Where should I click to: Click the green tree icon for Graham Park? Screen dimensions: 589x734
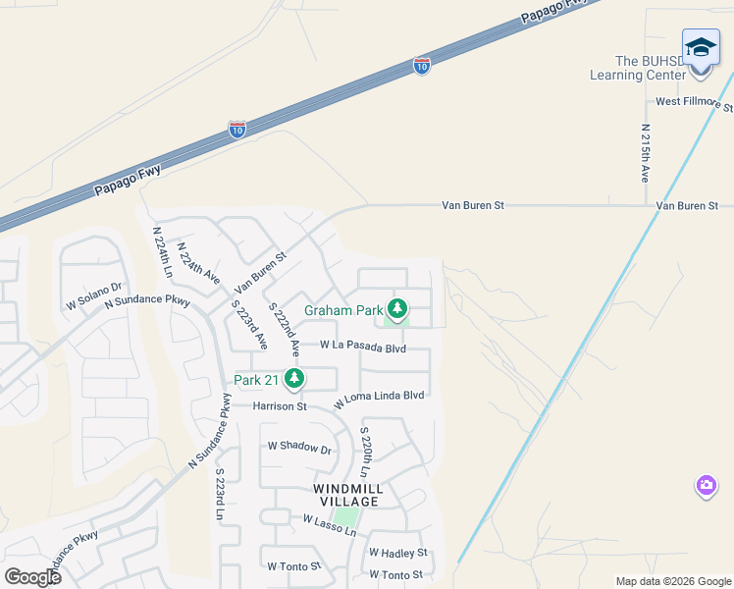396,310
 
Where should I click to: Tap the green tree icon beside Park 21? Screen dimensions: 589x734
292,378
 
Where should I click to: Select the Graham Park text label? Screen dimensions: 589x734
342,311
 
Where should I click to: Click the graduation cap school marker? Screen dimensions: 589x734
701,48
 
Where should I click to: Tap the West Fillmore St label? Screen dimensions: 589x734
693,102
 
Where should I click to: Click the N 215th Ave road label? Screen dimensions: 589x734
645,152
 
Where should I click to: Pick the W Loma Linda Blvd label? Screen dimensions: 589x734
379,398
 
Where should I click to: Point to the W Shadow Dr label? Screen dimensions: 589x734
300,448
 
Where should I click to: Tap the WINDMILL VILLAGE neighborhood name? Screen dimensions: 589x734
348,495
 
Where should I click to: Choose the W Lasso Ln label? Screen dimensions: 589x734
329,523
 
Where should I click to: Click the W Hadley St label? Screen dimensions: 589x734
398,554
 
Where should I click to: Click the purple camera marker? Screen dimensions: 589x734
707,485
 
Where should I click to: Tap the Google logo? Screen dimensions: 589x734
32,577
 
